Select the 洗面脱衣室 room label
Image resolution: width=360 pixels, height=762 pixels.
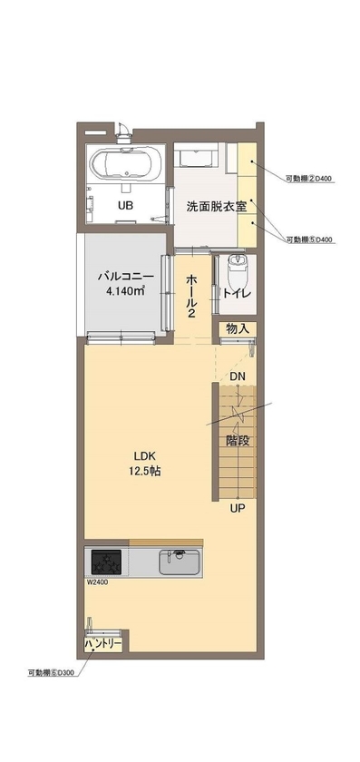point(217,206)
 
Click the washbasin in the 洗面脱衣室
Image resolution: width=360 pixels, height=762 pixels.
point(197,159)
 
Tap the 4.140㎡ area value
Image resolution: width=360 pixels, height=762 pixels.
point(125,291)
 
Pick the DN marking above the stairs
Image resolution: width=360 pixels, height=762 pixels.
point(237,376)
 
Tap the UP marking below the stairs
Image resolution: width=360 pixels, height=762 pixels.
point(237,507)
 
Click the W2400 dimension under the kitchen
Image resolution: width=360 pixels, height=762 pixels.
point(98,582)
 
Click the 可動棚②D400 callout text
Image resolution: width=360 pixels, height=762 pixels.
point(309,177)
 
